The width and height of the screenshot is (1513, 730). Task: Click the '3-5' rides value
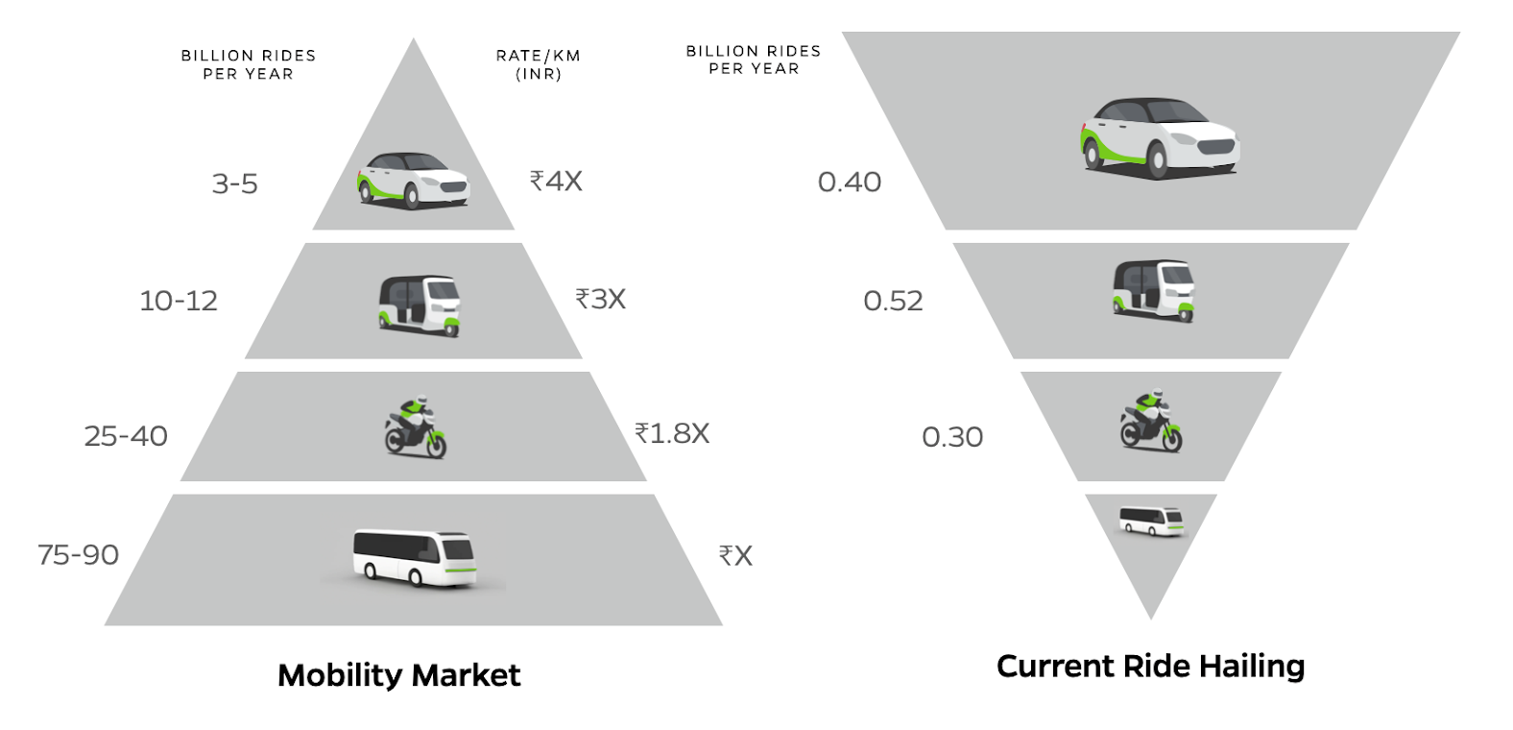(234, 183)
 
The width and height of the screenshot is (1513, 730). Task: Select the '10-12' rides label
(179, 301)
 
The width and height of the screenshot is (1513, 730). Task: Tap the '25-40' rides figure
(126, 436)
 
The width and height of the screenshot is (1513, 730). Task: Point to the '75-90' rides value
(78, 554)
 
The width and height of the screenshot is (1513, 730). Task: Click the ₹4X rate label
(556, 181)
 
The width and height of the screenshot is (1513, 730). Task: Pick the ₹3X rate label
(600, 299)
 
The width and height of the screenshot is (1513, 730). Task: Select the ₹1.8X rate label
(672, 433)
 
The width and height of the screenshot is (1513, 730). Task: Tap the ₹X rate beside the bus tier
(735, 555)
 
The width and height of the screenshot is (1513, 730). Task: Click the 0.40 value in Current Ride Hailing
(849, 182)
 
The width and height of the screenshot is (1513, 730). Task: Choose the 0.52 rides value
(893, 301)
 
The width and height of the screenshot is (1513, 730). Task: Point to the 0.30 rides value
(952, 437)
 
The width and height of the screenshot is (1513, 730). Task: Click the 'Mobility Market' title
(398, 675)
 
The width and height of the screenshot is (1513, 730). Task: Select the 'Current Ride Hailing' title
(1150, 666)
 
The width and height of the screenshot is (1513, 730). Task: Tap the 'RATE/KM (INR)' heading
(538, 64)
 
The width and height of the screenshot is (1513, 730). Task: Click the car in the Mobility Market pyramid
(414, 179)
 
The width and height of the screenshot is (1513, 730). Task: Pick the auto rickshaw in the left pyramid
(420, 304)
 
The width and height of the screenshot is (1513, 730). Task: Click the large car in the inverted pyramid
(1160, 135)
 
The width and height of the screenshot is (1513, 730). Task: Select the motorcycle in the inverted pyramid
(1151, 421)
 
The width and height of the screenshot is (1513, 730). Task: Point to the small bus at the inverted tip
(1151, 521)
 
